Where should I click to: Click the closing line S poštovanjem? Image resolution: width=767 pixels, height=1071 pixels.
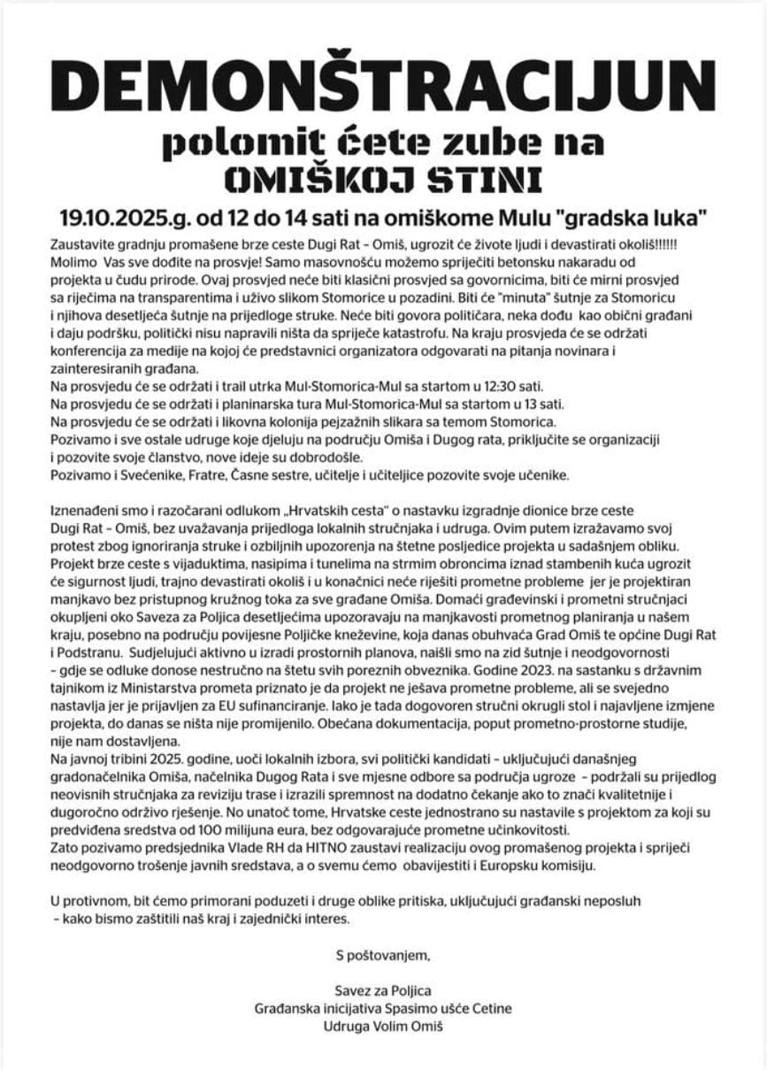[382, 954]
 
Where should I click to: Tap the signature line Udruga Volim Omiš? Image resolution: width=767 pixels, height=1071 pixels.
[382, 1026]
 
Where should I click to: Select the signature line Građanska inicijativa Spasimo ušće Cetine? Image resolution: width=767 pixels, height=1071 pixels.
[382, 1008]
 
